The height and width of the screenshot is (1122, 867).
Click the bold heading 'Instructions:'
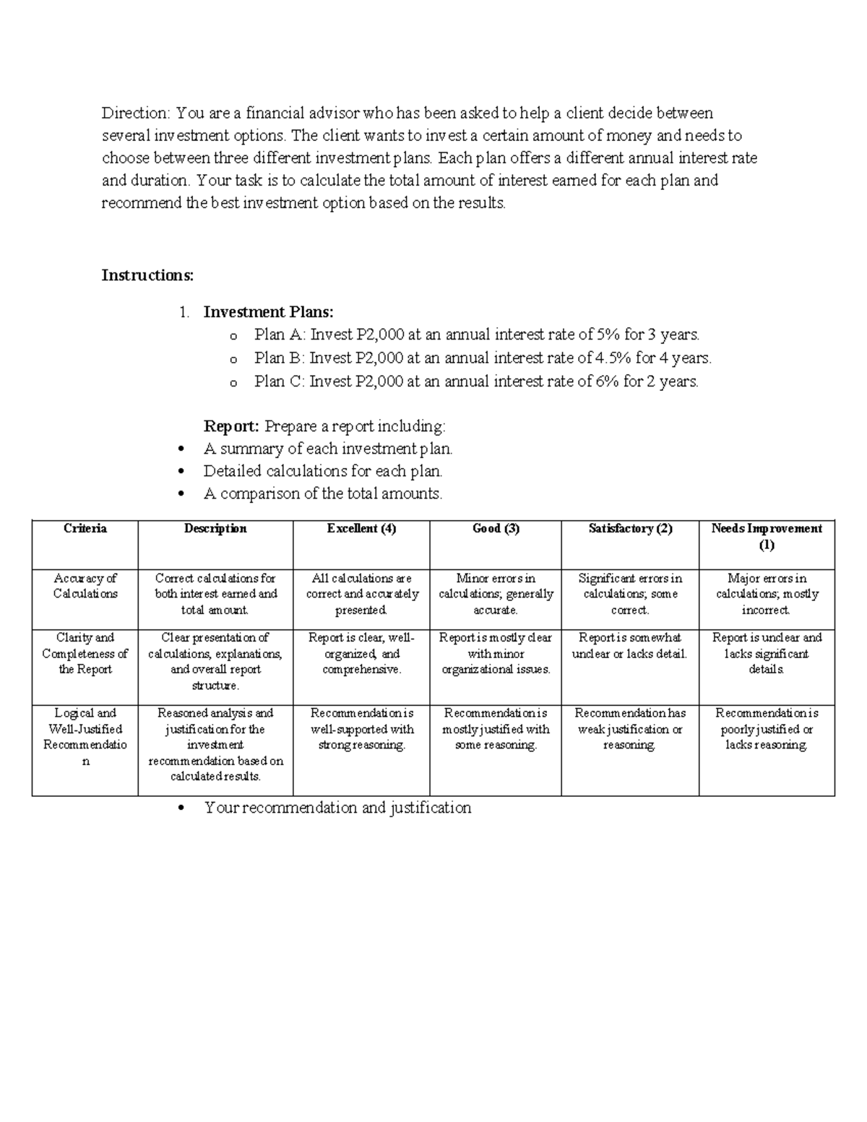(x=147, y=275)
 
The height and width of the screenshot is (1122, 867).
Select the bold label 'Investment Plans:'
(x=268, y=312)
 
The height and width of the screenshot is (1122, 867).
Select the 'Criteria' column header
(x=85, y=529)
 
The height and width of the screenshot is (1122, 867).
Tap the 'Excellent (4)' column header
(x=361, y=529)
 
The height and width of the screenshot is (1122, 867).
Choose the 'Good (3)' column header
(x=496, y=529)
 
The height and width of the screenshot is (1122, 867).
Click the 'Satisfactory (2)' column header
(x=630, y=529)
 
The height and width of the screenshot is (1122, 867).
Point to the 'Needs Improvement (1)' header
(x=767, y=537)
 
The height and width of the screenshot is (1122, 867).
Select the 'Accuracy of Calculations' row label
(x=85, y=586)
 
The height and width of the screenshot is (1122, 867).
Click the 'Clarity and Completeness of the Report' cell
(x=85, y=653)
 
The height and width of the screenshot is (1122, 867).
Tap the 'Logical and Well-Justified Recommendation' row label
(x=85, y=737)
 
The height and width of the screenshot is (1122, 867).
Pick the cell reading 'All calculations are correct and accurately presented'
(x=361, y=594)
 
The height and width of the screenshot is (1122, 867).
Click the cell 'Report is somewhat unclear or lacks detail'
(x=630, y=646)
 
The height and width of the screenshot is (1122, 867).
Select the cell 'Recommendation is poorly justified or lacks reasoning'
(x=767, y=729)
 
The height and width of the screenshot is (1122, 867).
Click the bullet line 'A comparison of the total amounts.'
(x=322, y=493)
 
